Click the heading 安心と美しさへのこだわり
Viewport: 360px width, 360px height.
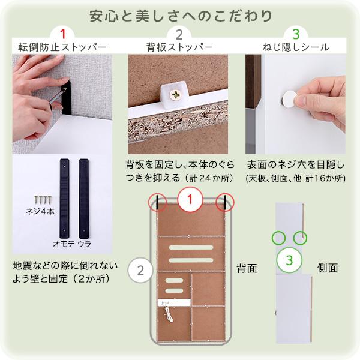180,15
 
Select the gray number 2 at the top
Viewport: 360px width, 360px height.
179,34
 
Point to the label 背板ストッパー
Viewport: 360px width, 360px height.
179,47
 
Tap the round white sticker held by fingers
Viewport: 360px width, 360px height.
290,100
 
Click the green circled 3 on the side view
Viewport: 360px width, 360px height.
289,260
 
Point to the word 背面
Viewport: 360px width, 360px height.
246,268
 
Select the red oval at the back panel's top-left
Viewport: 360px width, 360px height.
158,202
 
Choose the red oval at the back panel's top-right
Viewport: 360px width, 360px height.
225,202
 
